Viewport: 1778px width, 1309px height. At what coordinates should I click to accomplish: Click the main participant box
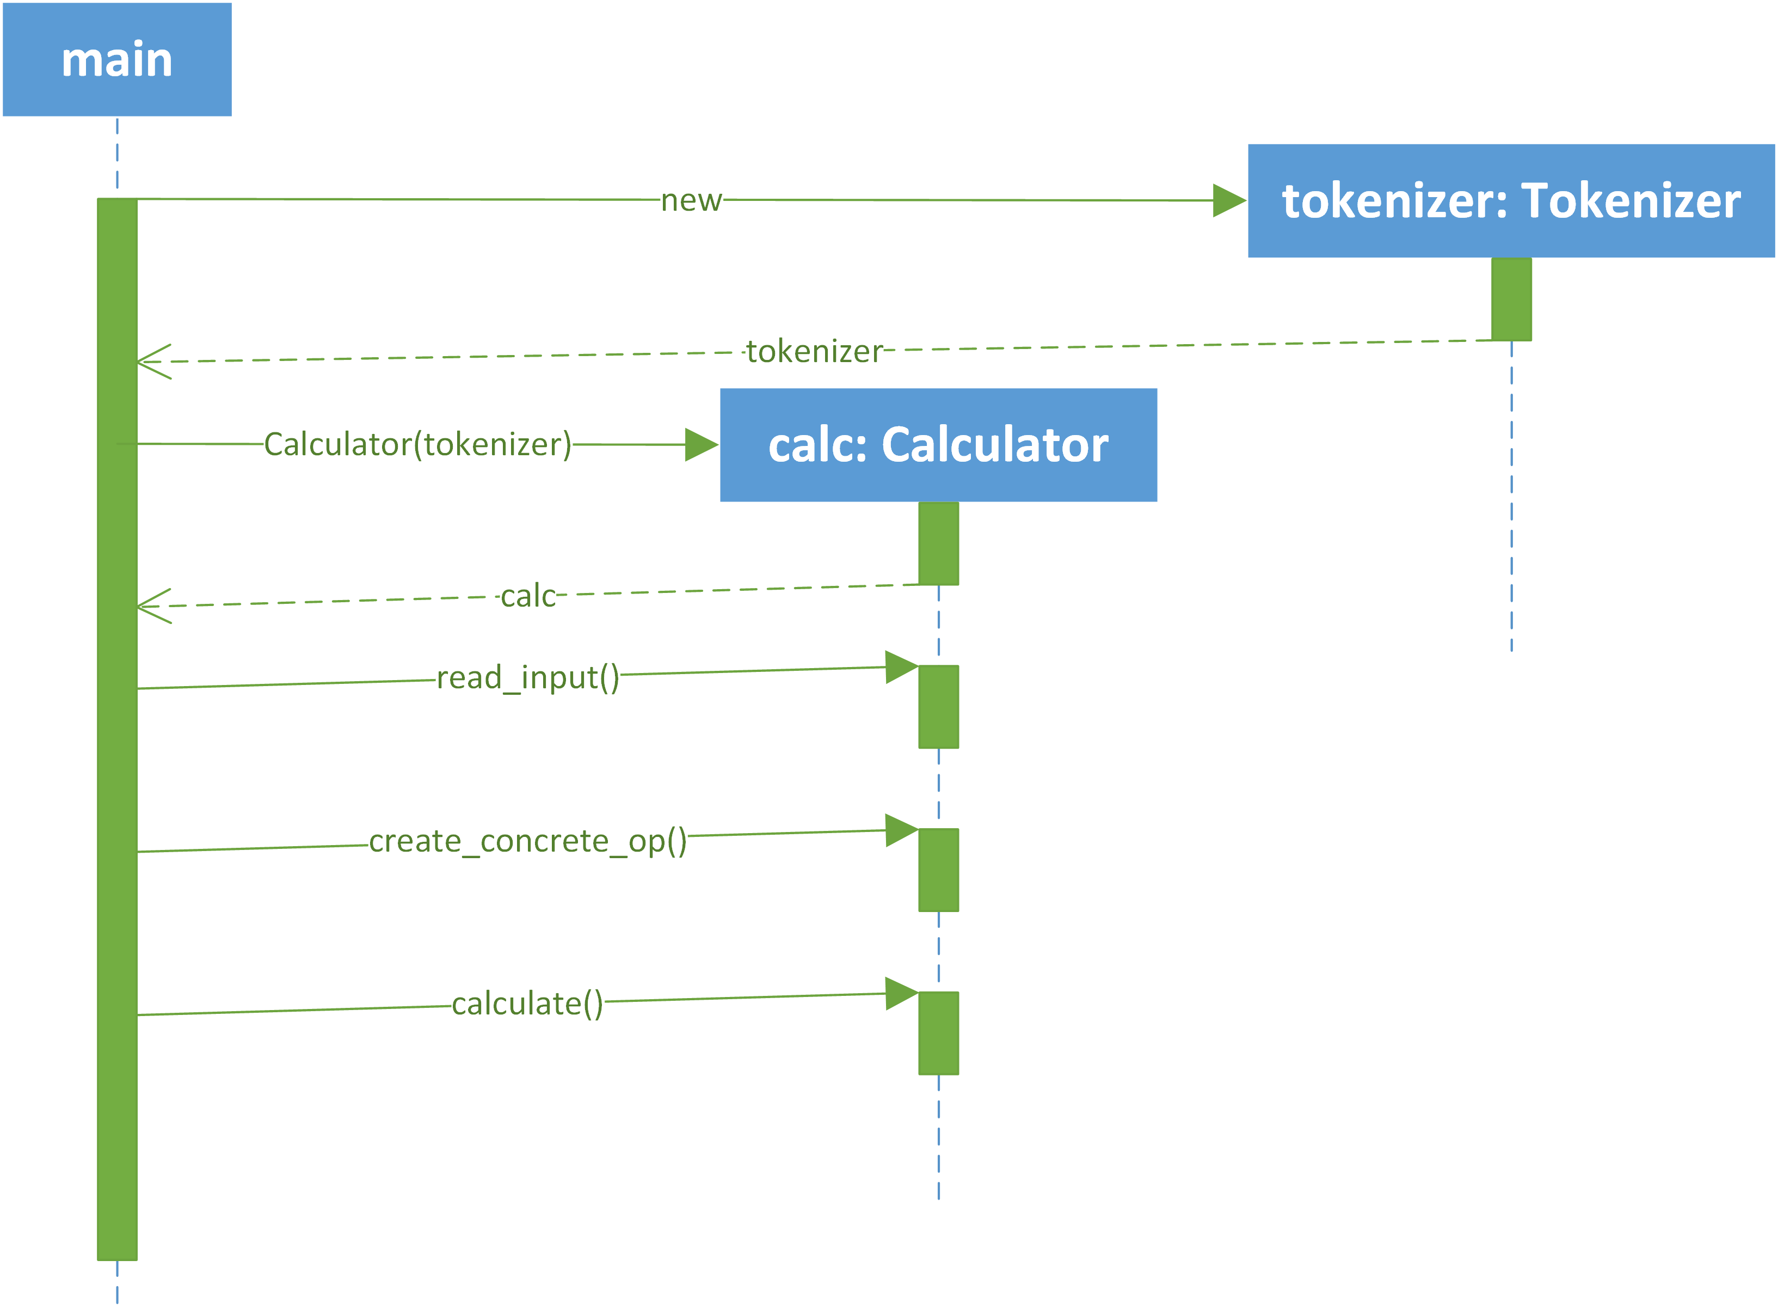(x=117, y=59)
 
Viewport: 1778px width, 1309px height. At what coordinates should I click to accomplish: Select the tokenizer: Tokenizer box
(x=1511, y=200)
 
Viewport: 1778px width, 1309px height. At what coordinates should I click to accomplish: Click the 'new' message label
(x=691, y=200)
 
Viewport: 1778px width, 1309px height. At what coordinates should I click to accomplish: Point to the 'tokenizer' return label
(x=814, y=351)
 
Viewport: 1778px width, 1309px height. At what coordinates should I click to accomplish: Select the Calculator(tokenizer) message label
(x=417, y=444)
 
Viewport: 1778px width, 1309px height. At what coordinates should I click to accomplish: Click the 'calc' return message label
(x=528, y=596)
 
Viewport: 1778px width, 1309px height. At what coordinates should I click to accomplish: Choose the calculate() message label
(x=527, y=1005)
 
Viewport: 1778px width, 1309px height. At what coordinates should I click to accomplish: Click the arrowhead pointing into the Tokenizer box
(x=1230, y=200)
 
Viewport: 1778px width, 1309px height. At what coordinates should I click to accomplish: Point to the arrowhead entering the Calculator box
(x=702, y=444)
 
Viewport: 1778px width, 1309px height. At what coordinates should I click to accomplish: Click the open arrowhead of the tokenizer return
(x=153, y=362)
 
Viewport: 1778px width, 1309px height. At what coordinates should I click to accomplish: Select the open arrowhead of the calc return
(x=153, y=606)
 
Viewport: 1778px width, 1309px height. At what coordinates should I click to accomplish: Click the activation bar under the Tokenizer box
(x=1511, y=299)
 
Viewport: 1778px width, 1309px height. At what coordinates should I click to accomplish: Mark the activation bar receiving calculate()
(x=938, y=1033)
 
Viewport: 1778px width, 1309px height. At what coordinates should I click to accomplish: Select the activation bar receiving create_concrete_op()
(x=938, y=870)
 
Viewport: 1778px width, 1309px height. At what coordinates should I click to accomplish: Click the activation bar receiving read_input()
(x=938, y=707)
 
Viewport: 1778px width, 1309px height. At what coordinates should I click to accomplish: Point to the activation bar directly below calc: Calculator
(x=938, y=543)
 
